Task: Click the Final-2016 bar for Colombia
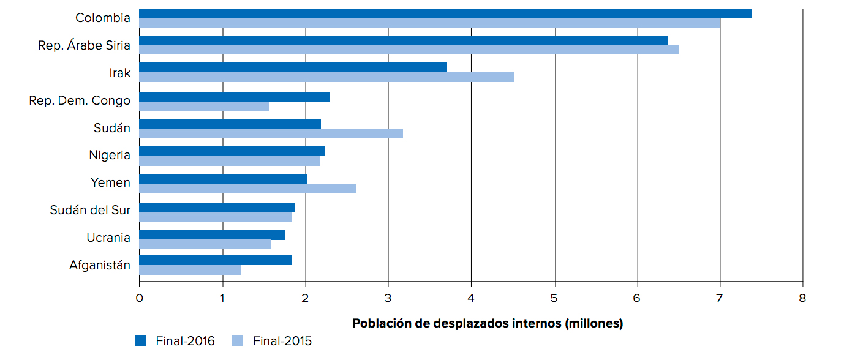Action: (x=445, y=13)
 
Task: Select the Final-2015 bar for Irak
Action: (x=326, y=77)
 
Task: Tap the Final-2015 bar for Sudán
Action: (x=271, y=133)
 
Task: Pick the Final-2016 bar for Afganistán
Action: (x=216, y=260)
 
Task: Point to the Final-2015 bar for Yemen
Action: (x=247, y=189)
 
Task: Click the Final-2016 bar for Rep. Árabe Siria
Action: (x=403, y=40)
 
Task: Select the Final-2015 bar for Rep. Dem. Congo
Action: (x=204, y=107)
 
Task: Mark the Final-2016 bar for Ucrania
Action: (x=212, y=235)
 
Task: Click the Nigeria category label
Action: (x=110, y=155)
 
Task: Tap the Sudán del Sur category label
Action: (x=90, y=211)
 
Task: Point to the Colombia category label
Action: (x=103, y=18)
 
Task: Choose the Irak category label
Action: (x=120, y=73)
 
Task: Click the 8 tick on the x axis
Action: (x=802, y=298)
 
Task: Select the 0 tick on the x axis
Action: (x=139, y=298)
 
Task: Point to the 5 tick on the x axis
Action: (x=554, y=298)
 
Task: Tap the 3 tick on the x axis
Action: (x=388, y=298)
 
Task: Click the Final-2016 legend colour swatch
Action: (x=141, y=341)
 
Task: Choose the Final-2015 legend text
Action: (x=282, y=341)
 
